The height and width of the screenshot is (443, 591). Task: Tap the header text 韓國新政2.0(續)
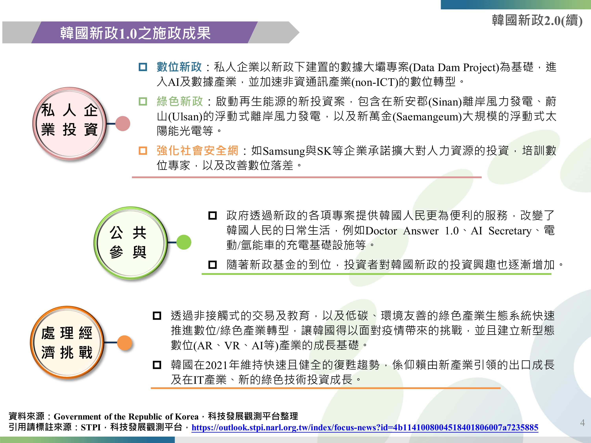click(x=537, y=20)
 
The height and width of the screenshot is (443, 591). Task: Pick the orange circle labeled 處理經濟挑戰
click(x=67, y=342)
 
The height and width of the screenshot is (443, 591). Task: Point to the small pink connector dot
click(x=123, y=123)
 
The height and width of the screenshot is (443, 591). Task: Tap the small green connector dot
click(x=184, y=242)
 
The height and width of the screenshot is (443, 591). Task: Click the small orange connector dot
click(x=125, y=343)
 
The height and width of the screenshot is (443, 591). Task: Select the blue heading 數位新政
click(x=179, y=67)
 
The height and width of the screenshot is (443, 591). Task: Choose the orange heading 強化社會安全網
click(x=197, y=151)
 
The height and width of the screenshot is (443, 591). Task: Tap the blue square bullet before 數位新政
click(x=143, y=67)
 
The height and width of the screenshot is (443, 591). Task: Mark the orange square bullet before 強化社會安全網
click(x=143, y=151)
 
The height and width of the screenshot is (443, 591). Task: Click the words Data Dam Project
click(x=454, y=68)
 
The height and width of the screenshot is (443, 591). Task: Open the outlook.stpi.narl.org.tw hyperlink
click(x=365, y=427)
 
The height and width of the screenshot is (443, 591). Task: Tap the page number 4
click(x=583, y=423)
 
